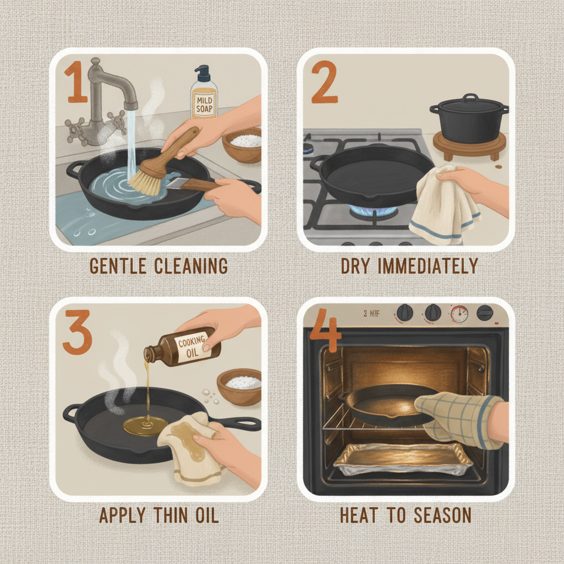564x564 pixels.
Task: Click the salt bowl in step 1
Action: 242,144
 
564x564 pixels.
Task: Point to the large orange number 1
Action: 78,83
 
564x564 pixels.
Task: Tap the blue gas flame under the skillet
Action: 375,211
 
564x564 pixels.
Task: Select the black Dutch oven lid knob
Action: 470,98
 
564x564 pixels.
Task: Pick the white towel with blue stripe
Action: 441,207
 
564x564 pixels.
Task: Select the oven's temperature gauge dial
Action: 458,314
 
